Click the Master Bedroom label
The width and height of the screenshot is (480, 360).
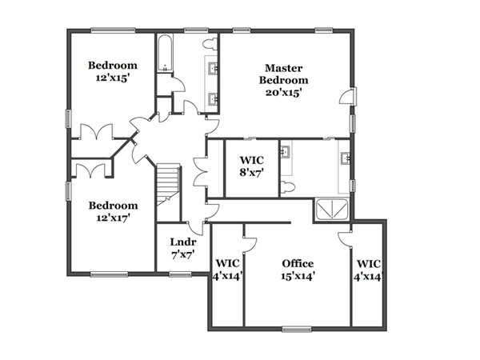(x=284, y=74)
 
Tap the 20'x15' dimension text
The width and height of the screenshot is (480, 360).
(x=284, y=92)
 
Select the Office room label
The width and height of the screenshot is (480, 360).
(x=298, y=263)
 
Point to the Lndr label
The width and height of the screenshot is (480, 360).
(x=183, y=242)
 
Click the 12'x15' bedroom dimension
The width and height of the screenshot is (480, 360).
(x=111, y=78)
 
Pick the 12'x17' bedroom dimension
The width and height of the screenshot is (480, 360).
(x=114, y=218)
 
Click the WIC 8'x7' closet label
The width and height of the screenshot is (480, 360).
(x=252, y=166)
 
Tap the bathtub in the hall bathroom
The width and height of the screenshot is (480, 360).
(x=165, y=53)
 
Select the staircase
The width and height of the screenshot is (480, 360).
(x=168, y=185)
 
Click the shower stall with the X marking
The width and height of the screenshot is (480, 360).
(x=332, y=210)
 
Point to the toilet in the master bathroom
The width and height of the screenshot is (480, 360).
(x=288, y=187)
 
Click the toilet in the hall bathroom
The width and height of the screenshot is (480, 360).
(x=210, y=43)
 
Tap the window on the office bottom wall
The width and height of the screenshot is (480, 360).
(x=297, y=330)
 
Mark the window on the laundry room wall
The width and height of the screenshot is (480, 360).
(x=180, y=274)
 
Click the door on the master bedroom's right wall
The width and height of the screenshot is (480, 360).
(x=348, y=97)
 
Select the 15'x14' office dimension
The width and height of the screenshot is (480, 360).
(x=298, y=277)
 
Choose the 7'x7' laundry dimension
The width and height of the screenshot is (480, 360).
(x=183, y=254)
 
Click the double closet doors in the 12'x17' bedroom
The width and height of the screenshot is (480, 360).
(x=90, y=171)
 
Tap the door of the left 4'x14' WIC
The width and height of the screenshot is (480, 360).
(x=249, y=245)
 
